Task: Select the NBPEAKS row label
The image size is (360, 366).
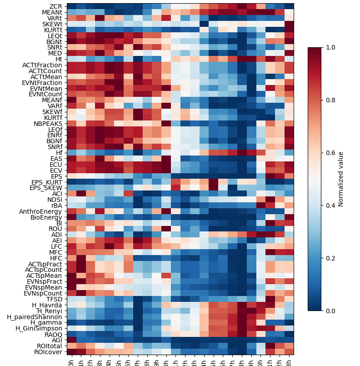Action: pyautogui.click(x=47, y=123)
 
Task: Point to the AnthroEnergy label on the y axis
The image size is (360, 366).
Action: pyautogui.click(x=40, y=211)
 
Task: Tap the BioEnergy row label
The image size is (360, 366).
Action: pyautogui.click(x=45, y=217)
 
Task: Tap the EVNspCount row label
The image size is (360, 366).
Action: pyautogui.click(x=44, y=293)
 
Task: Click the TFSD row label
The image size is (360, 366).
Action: pyautogui.click(x=54, y=299)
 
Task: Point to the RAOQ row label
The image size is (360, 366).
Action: pyautogui.click(x=53, y=334)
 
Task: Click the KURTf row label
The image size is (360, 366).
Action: pyautogui.click(x=52, y=117)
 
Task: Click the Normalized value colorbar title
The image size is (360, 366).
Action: pyautogui.click(x=341, y=179)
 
